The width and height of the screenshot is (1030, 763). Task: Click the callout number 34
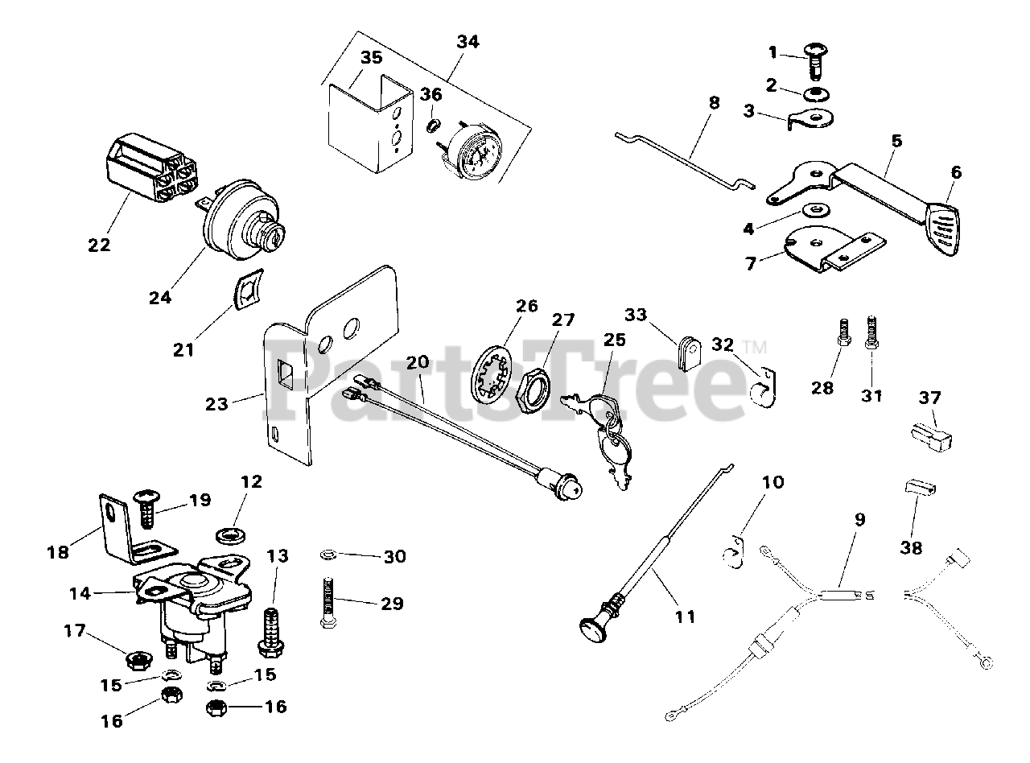click(467, 42)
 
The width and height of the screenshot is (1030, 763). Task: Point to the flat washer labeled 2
click(819, 94)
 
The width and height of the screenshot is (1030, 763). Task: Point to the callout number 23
click(216, 403)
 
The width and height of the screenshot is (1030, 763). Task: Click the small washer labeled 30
click(328, 555)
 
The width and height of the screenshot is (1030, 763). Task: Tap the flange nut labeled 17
click(136, 659)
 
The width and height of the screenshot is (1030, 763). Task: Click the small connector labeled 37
click(931, 435)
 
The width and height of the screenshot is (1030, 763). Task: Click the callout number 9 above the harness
click(860, 519)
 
